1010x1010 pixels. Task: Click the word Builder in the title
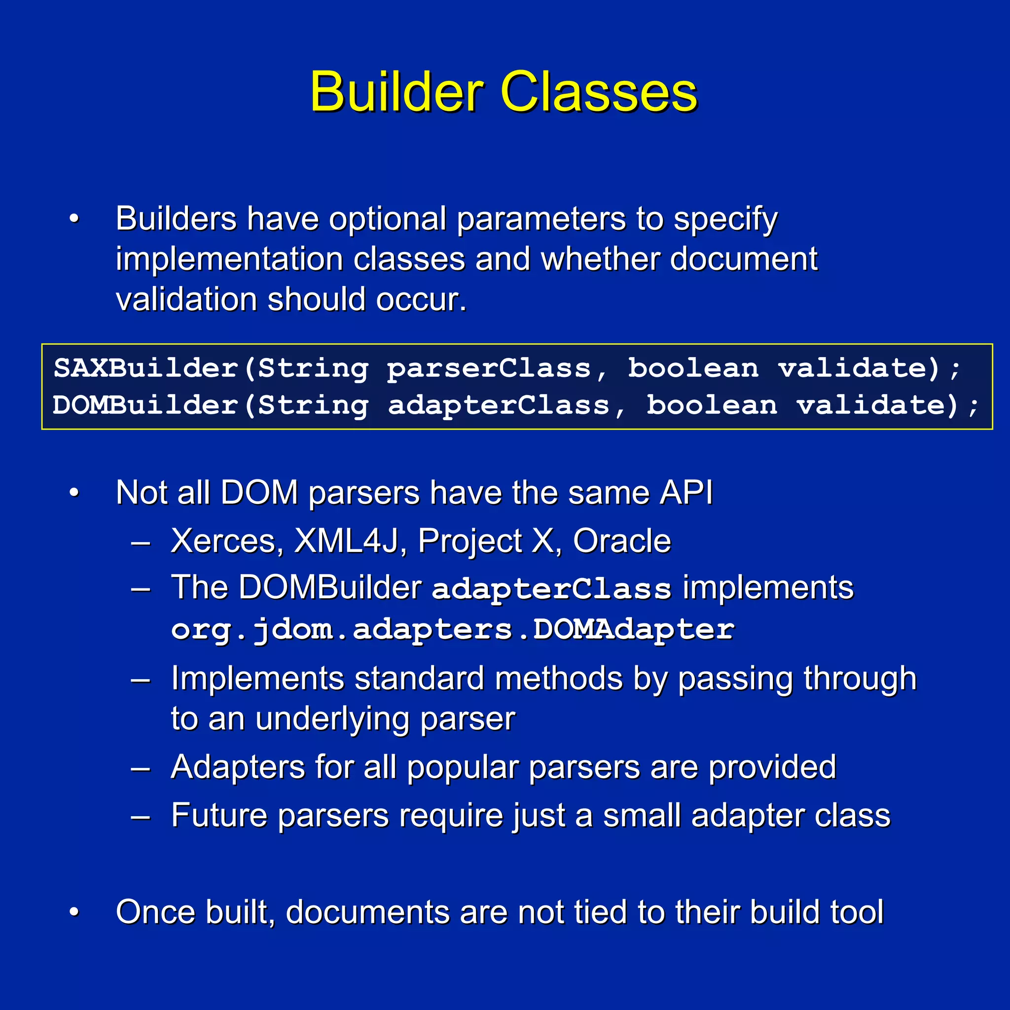point(397,93)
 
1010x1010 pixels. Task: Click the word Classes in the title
point(599,93)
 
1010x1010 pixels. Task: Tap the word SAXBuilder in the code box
point(146,368)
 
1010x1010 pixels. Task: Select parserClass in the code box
point(489,369)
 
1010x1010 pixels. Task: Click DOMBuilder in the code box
point(145,405)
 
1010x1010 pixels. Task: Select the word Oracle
point(621,541)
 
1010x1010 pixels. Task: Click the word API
point(686,493)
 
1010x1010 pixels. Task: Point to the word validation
point(186,299)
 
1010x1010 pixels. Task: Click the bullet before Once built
point(74,912)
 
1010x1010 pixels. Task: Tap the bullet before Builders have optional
point(74,218)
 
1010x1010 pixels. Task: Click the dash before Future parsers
point(141,816)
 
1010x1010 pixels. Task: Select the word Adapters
point(237,767)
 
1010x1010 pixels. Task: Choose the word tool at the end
point(856,912)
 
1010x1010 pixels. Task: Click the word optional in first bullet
point(387,218)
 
